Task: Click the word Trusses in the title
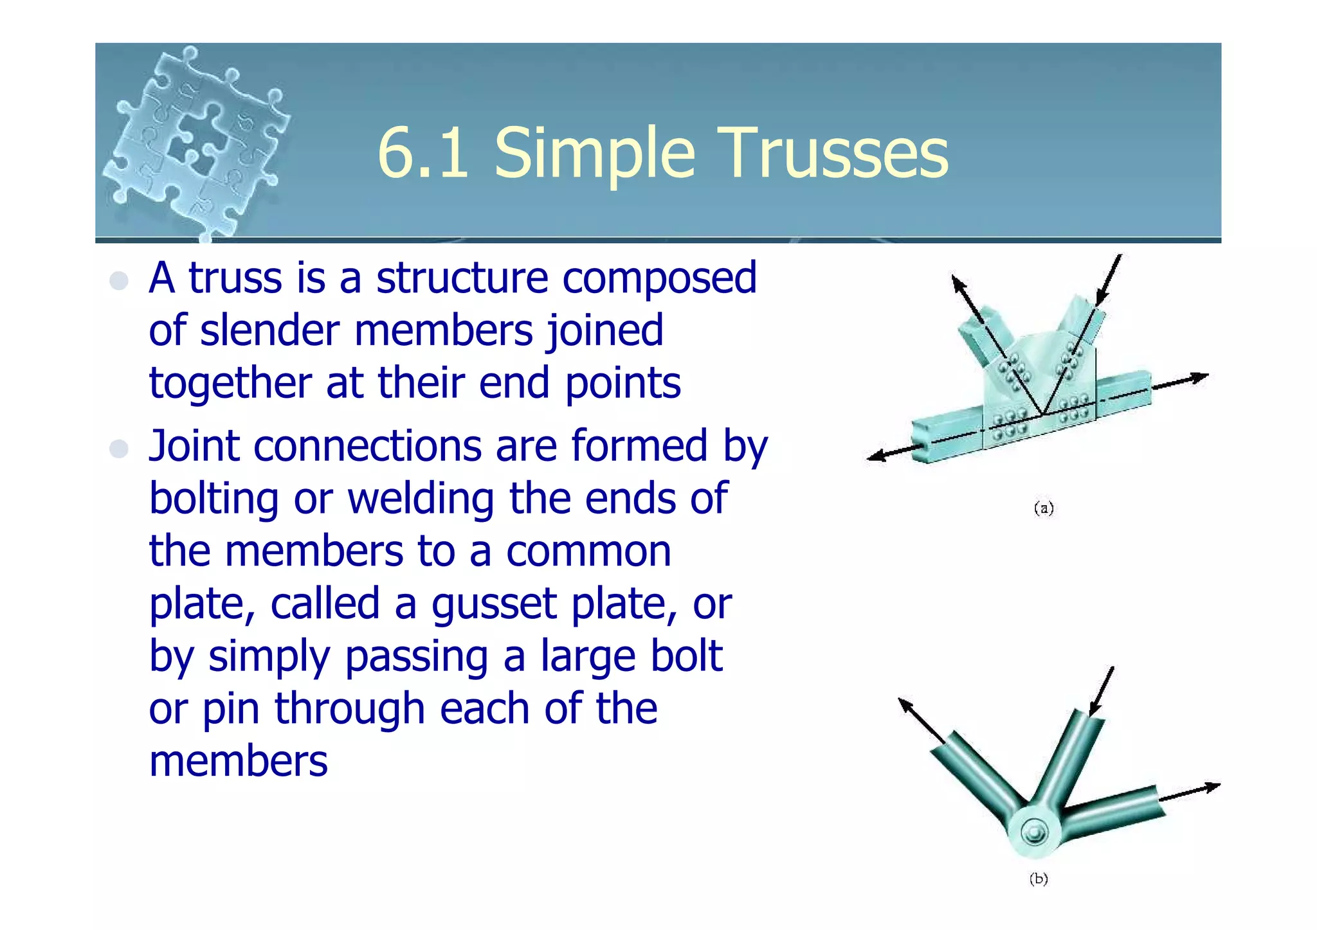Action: pos(835,153)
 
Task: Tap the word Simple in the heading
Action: pos(595,154)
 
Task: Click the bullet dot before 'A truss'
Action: pos(119,281)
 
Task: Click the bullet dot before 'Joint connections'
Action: pos(119,448)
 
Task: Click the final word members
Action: pos(238,762)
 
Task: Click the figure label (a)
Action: pos(1044,508)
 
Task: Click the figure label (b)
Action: pos(1039,879)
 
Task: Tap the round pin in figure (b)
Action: pos(1034,834)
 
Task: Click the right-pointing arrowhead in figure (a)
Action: pos(1200,377)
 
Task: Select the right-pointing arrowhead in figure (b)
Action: pos(1212,787)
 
